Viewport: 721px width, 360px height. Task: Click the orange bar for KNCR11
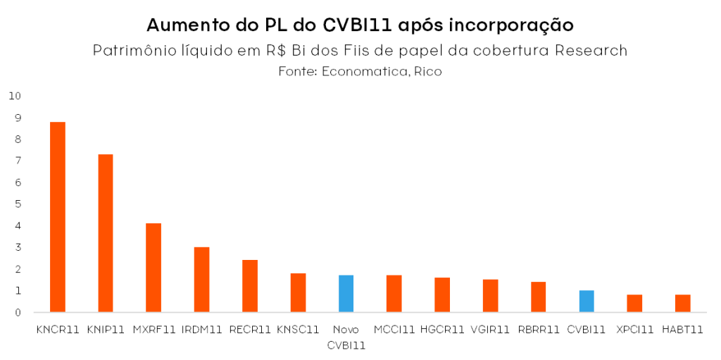tap(58, 217)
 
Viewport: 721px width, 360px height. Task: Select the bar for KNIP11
tap(106, 233)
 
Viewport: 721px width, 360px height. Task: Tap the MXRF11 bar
tap(153, 268)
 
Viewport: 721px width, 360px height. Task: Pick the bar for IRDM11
tap(202, 280)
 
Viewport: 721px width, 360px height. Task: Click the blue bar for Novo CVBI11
tap(346, 294)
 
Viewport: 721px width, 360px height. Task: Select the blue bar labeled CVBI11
tap(587, 302)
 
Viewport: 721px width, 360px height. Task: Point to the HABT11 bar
tap(682, 304)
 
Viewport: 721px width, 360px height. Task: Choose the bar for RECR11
tap(250, 286)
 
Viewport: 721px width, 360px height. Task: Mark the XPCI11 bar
tap(634, 304)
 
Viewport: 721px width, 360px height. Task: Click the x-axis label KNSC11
tap(298, 329)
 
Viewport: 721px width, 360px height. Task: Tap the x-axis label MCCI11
tap(394, 329)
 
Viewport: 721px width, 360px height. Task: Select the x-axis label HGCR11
tap(442, 329)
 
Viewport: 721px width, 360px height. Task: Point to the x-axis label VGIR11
tap(490, 329)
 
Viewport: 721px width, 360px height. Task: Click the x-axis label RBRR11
tap(539, 329)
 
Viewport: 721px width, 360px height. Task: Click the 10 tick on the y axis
tap(15, 96)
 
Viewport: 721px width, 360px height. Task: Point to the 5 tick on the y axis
tap(18, 204)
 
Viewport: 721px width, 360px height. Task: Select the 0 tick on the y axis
tap(18, 313)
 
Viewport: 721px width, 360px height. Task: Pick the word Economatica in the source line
tap(364, 72)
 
